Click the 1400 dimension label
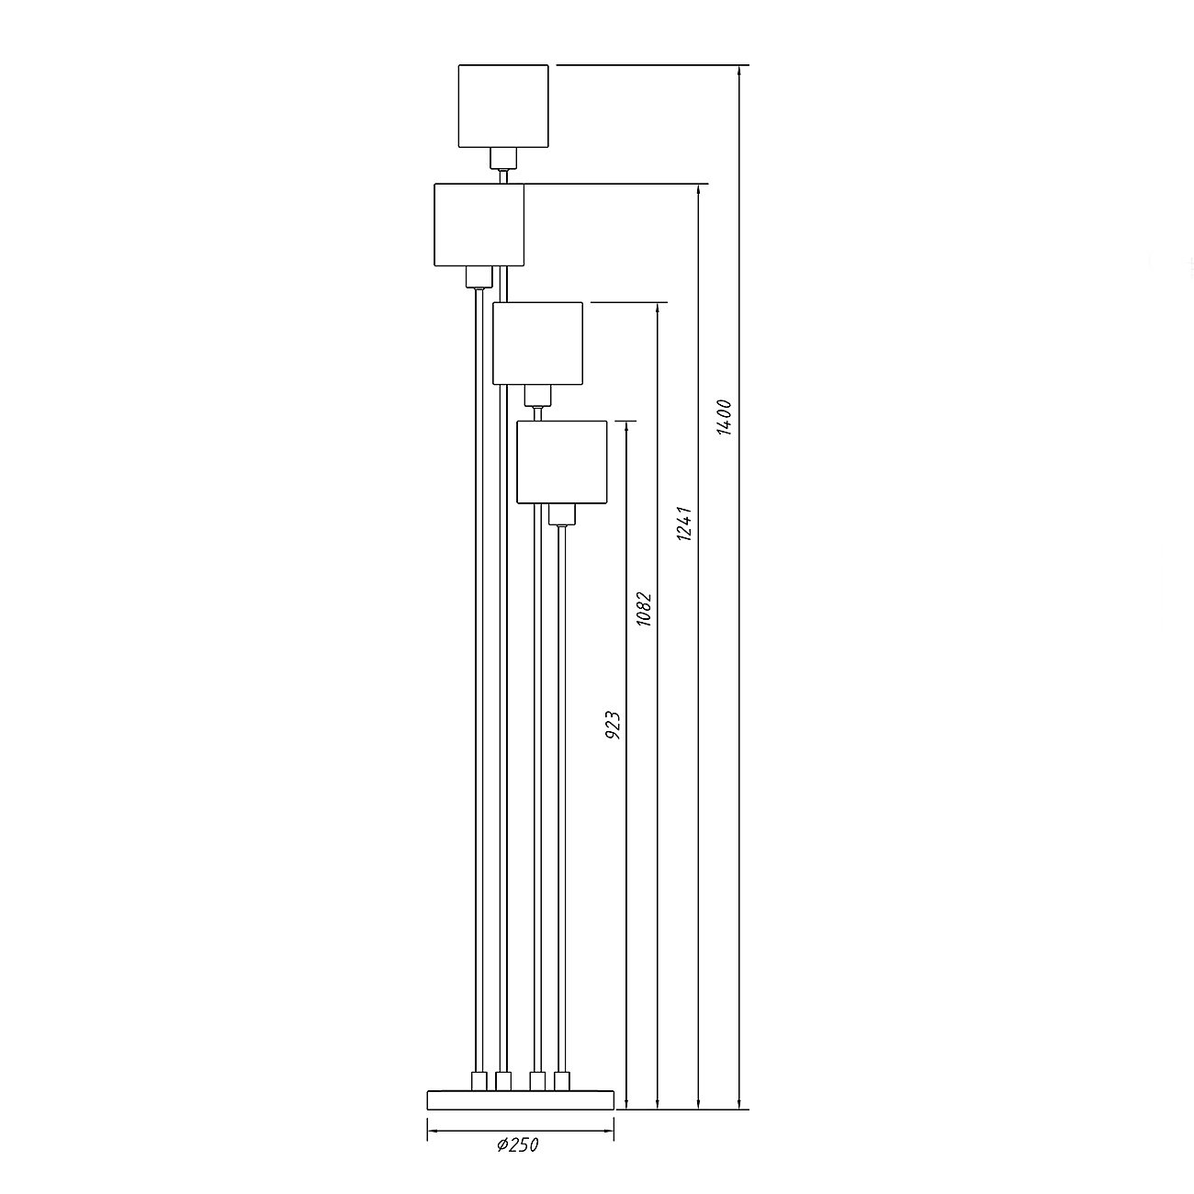click(x=725, y=418)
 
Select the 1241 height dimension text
click(x=684, y=524)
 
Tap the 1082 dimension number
click(x=645, y=609)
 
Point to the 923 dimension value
click(x=613, y=725)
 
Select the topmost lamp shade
click(x=503, y=106)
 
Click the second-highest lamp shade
click(x=479, y=225)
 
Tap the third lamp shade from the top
click(x=538, y=344)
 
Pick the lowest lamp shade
click(x=561, y=462)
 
